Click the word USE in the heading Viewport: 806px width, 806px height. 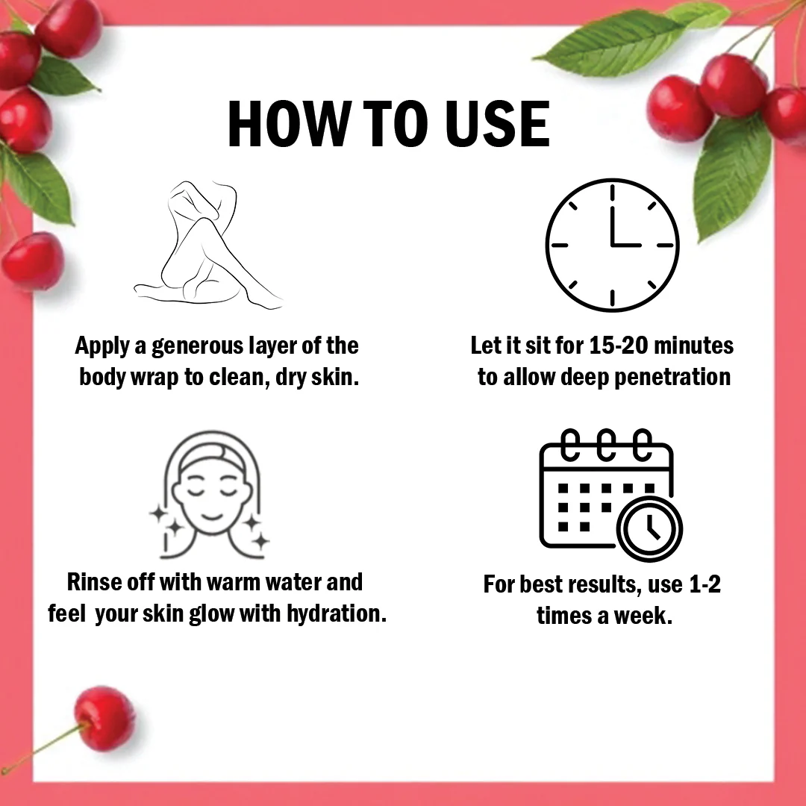[498, 124]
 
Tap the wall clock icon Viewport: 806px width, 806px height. [612, 246]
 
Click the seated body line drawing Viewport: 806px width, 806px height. [208, 245]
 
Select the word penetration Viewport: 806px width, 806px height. [672, 378]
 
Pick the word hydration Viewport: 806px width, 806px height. [337, 613]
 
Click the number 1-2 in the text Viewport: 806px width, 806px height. [705, 584]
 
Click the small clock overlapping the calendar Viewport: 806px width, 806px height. [650, 529]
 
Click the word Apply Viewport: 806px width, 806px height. [101, 347]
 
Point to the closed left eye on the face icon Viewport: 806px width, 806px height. [196, 490]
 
